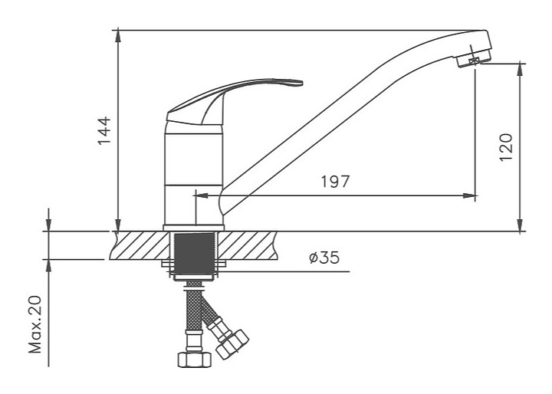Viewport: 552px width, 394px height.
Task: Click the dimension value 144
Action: coord(104,130)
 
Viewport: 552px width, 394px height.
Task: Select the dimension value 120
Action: coord(506,147)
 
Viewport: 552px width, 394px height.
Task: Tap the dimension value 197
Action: coord(335,182)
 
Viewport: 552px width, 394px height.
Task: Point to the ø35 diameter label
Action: coord(324,258)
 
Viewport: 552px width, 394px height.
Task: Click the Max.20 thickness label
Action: coord(35,324)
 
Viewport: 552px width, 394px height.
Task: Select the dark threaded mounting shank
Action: coord(194,254)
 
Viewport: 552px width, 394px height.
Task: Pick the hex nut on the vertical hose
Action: coord(194,360)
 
